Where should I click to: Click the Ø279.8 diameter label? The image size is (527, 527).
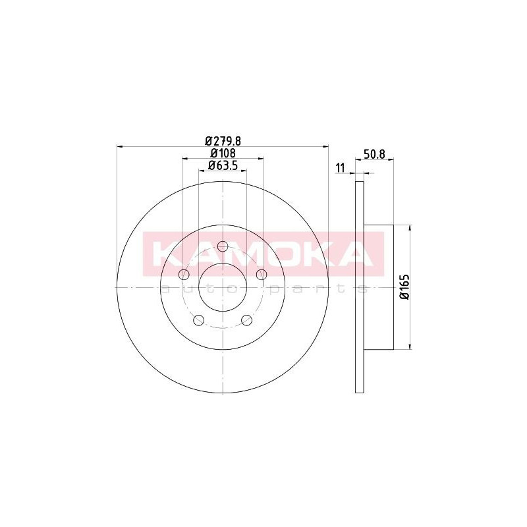click(x=223, y=140)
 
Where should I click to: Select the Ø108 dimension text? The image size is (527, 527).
click(x=223, y=153)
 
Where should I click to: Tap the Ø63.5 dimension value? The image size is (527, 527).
click(x=223, y=165)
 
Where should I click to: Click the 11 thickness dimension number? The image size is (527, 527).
click(x=341, y=168)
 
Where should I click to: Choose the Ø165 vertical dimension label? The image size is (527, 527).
click(x=404, y=287)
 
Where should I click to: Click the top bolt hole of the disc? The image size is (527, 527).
click(x=223, y=246)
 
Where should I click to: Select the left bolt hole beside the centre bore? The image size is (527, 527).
click(x=184, y=275)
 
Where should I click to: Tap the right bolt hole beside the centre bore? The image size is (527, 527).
click(x=262, y=275)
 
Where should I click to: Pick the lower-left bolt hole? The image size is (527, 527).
click(x=199, y=320)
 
